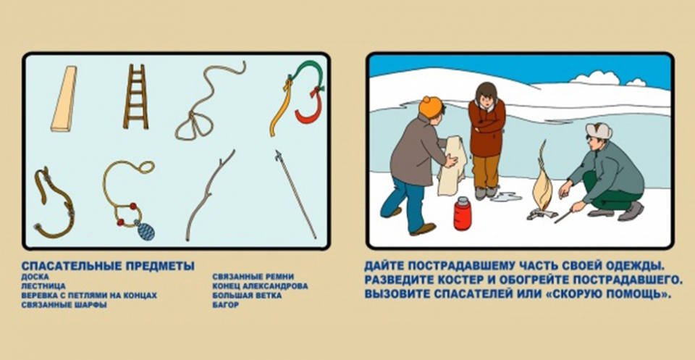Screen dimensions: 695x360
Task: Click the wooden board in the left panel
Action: tap(64, 99)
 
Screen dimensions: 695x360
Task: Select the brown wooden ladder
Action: tap(135, 96)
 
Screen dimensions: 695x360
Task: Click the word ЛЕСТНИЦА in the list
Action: tap(43, 286)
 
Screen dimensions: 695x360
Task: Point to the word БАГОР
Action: tap(226, 305)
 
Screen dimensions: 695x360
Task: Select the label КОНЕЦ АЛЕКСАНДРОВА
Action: tap(260, 286)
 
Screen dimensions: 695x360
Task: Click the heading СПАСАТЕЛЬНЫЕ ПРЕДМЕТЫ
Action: tap(108, 266)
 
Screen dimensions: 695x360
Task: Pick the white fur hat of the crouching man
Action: tap(599, 130)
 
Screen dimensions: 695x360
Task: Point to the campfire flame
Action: tap(542, 185)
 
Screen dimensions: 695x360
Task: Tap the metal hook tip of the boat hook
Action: tap(278, 155)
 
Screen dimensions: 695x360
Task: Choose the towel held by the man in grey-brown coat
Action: tap(450, 166)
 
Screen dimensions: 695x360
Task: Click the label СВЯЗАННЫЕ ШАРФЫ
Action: tap(64, 305)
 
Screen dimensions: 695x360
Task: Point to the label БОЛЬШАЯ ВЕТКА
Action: tap(247, 296)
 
